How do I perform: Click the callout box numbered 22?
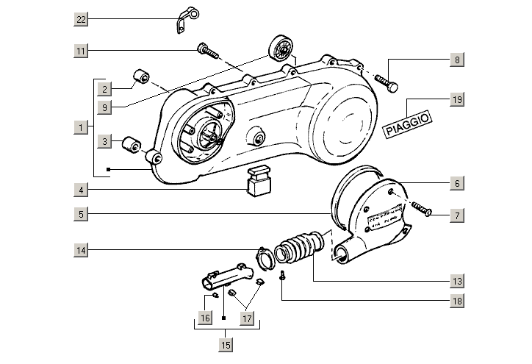tap(81, 18)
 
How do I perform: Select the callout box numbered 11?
tap(81, 50)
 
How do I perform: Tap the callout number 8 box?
tap(456, 60)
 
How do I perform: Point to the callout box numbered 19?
tap(456, 99)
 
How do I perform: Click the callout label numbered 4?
tap(81, 190)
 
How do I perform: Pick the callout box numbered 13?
tap(456, 281)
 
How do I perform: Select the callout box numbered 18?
tap(456, 301)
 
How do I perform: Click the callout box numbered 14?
tap(81, 251)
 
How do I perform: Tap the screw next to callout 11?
tap(207, 51)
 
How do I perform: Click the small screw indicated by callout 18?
tap(282, 277)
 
